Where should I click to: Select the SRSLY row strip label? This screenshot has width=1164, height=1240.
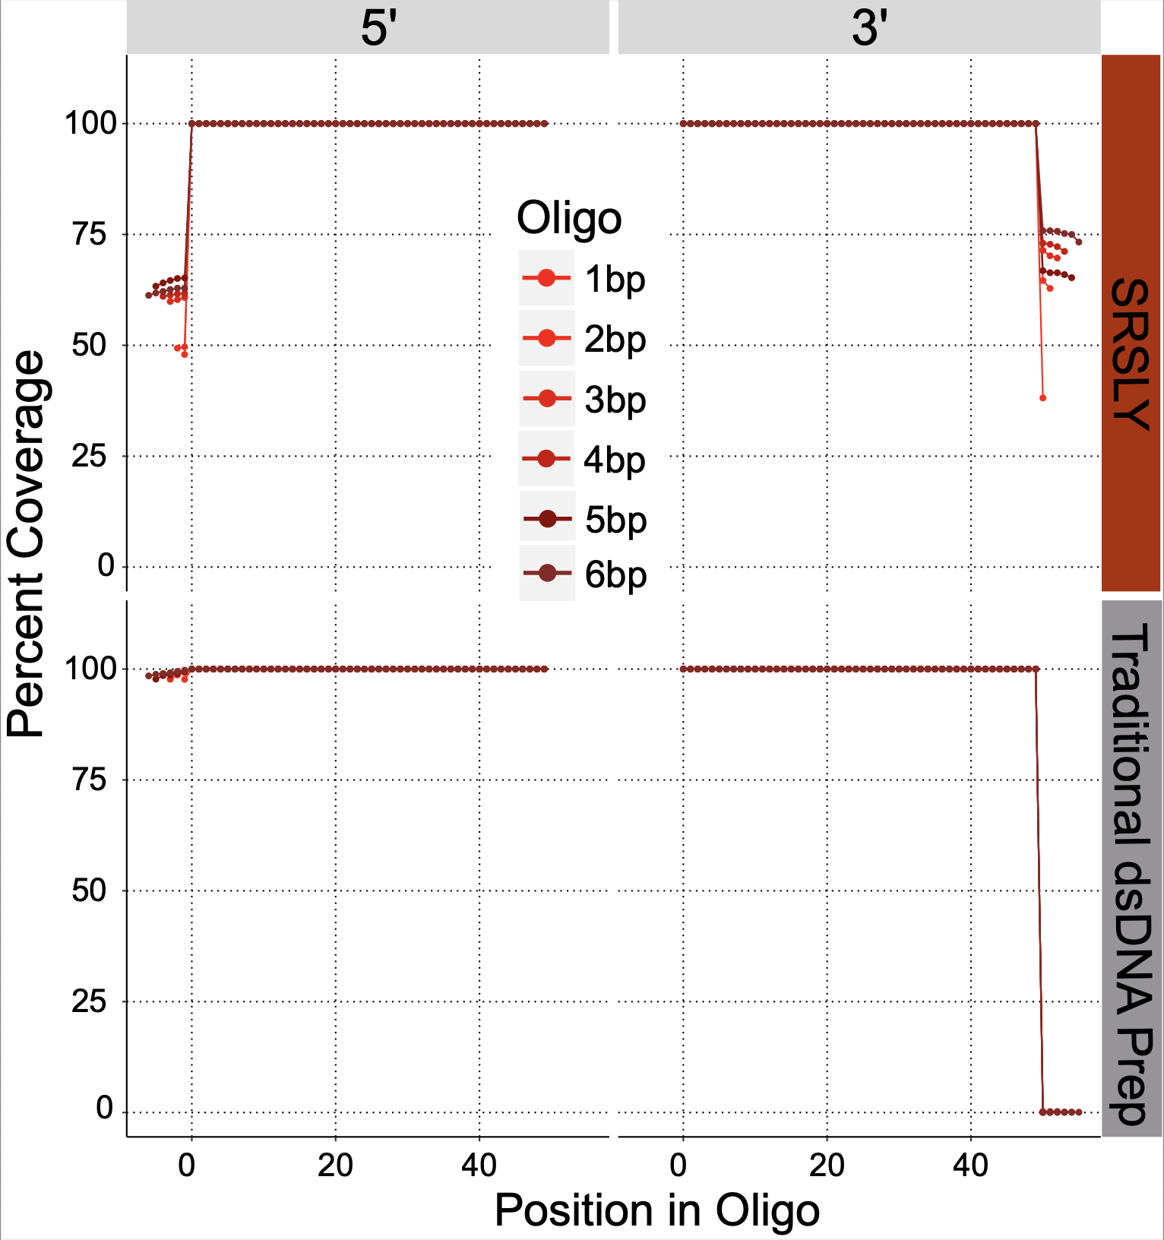click(x=1131, y=353)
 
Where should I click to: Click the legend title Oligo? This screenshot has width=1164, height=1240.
click(x=569, y=219)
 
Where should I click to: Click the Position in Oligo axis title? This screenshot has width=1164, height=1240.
click(x=657, y=1210)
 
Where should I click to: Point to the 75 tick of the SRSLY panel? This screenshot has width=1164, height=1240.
click(x=90, y=235)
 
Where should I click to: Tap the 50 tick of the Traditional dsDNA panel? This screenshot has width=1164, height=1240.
click(x=90, y=890)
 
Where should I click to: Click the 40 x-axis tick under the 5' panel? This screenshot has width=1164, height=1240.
click(x=479, y=1165)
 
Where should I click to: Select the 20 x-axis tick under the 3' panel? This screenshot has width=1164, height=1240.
click(x=827, y=1165)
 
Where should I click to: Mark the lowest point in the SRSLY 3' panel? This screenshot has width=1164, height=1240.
click(x=1042, y=398)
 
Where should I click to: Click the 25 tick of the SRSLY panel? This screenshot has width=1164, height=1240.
click(x=90, y=457)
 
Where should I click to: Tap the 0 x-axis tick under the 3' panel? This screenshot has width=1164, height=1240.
click(x=679, y=1165)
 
